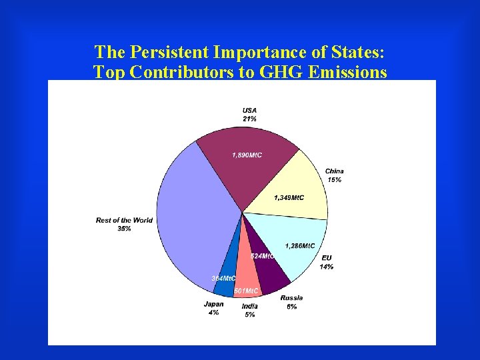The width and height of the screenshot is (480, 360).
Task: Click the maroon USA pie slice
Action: pos(247,173)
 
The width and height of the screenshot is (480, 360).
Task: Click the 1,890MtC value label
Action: pos(247,155)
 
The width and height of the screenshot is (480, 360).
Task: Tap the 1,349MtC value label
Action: pos(289,197)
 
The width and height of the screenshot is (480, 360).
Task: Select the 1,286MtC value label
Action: pos(300,246)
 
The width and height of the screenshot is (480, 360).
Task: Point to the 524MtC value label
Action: pos(262,256)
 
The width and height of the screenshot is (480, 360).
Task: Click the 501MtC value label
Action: pos(246,291)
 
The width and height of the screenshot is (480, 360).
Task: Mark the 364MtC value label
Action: pos(223,278)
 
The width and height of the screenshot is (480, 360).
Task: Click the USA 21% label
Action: pos(249,115)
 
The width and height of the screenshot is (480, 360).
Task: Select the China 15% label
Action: pos(334,175)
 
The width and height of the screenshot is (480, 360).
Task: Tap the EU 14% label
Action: pos(327,262)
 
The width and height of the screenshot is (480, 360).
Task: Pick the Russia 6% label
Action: pos(291,302)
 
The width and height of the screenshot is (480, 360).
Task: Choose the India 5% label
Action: pos(249,310)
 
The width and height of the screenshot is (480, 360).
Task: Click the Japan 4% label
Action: pos(213,308)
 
